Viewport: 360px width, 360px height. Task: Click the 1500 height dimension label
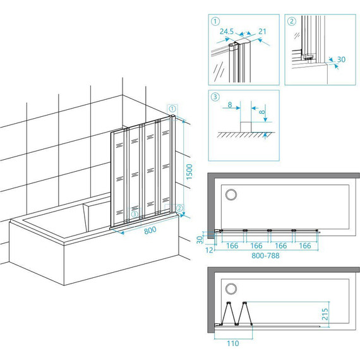pos(189,172)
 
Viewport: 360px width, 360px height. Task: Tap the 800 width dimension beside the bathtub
pos(150,230)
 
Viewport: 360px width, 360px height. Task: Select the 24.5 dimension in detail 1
pos(227,32)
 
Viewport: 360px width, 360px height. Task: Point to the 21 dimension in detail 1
pos(262,32)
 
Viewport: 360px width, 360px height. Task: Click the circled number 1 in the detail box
pos(215,21)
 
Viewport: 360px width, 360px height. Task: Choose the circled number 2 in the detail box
pos(292,21)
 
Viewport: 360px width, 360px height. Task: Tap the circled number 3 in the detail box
pos(215,97)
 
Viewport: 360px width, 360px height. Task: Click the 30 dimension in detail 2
pos(341,59)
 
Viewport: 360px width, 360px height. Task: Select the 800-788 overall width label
pos(265,256)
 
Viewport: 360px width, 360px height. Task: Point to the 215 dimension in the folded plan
pos(325,314)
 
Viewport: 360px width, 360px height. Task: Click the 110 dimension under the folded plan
pos(233,344)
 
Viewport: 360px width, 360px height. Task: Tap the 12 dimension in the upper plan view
pos(209,250)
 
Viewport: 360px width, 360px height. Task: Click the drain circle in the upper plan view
pos(231,195)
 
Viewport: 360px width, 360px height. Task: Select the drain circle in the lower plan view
pos(231,289)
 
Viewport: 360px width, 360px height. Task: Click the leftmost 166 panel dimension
pos(232,246)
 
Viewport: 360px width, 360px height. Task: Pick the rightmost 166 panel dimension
pos(305,246)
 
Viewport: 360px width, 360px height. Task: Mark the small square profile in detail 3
pos(246,127)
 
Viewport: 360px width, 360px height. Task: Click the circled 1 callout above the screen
pos(172,109)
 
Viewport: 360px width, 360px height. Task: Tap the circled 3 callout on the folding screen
pos(135,215)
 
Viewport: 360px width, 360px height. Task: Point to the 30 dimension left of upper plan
pos(200,240)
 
